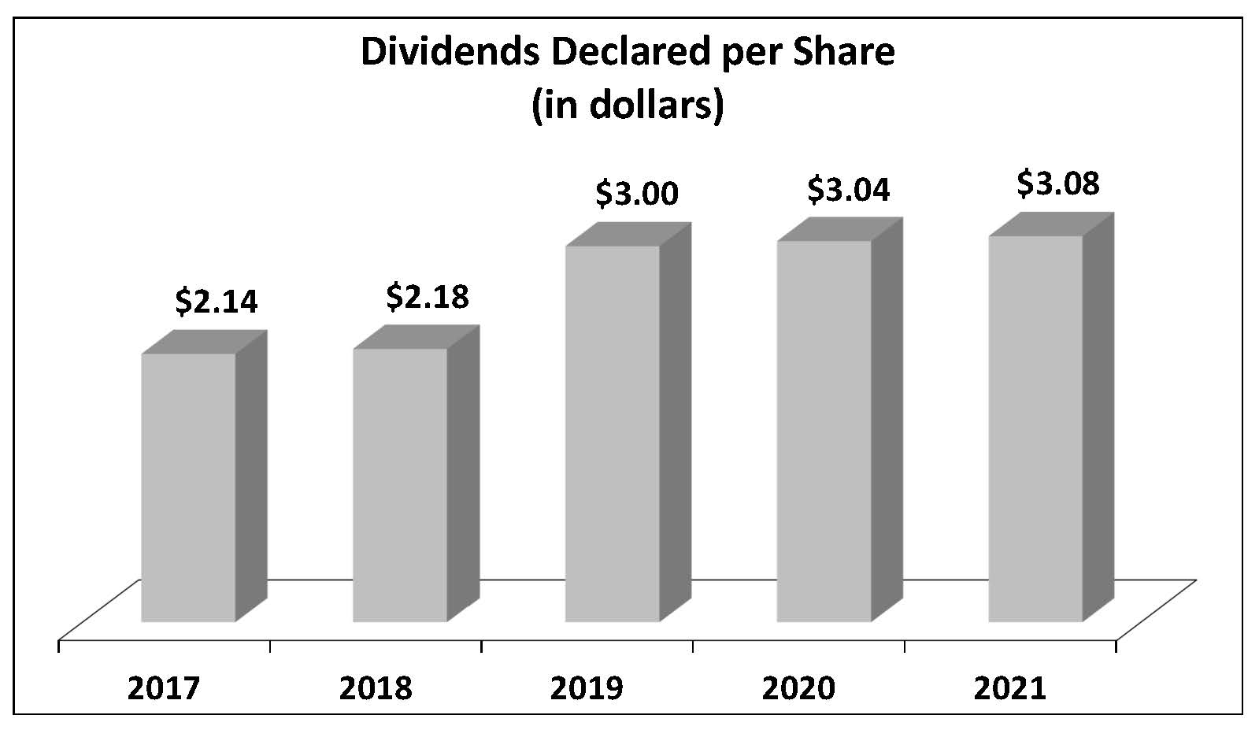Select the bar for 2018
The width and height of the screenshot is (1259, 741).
[x=400, y=484]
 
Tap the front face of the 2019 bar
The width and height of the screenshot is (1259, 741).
[x=612, y=433]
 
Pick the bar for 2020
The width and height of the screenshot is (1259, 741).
[x=824, y=431]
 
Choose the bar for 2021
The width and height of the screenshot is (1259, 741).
[x=1035, y=428]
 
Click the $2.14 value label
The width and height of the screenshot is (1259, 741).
[x=217, y=302]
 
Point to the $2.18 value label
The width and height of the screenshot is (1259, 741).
[x=428, y=297]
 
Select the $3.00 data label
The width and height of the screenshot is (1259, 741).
[x=637, y=193]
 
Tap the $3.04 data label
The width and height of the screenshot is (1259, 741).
[x=849, y=190]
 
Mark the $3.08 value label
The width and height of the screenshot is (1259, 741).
[x=1058, y=183]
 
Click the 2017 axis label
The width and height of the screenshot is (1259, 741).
[x=164, y=688]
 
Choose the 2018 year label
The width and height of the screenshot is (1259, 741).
[x=376, y=688]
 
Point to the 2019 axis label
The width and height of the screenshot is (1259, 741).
[x=587, y=688]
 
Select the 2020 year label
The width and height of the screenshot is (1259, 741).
[x=798, y=688]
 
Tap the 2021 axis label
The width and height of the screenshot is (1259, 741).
[x=1010, y=688]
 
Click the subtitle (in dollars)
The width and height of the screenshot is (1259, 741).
[x=628, y=105]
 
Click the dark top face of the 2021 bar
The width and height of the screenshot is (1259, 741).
[x=1051, y=224]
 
